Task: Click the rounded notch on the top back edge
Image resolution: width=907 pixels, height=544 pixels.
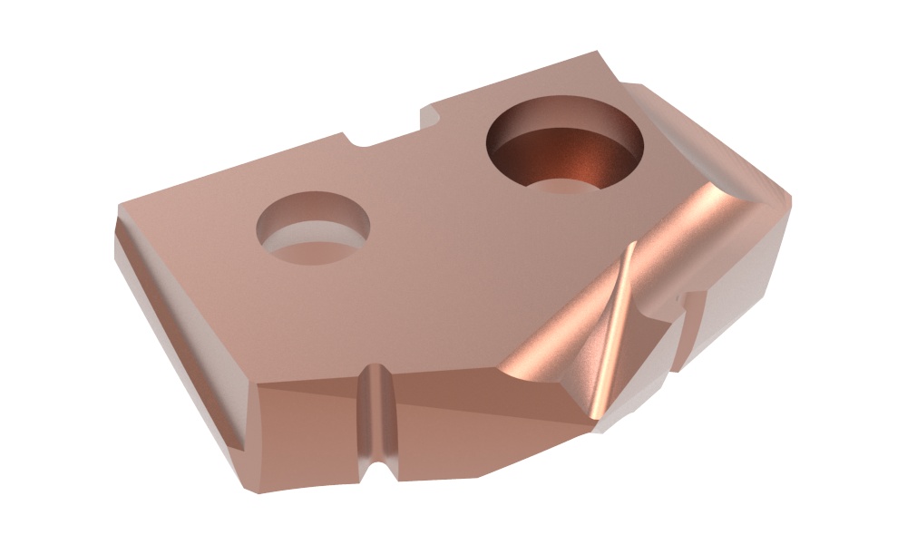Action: coord(356,141)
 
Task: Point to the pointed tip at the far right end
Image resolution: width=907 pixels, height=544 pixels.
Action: coord(787,207)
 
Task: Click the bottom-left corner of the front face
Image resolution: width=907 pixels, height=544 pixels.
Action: coord(246,491)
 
